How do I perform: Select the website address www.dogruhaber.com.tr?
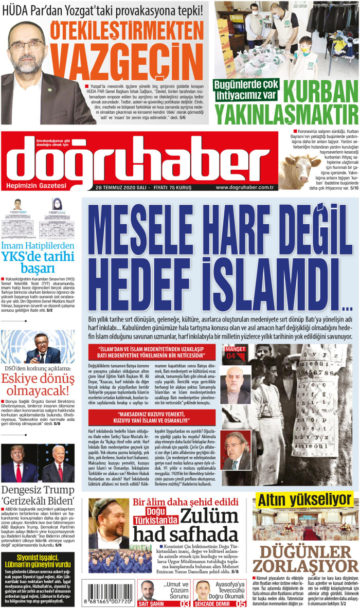pyautogui.click(x=244, y=187)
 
